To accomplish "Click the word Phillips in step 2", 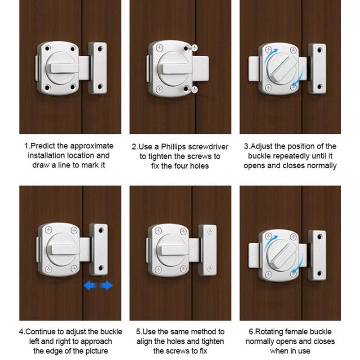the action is [x=174, y=147].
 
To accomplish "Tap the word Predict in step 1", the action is [x=43, y=146].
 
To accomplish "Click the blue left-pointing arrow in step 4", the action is [x=90, y=285].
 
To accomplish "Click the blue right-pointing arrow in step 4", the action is [x=106, y=285].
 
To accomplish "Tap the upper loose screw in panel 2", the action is [x=193, y=48].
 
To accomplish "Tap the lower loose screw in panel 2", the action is [x=193, y=89].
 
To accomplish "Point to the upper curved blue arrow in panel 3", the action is [x=269, y=56].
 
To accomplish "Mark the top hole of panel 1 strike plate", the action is [x=100, y=49].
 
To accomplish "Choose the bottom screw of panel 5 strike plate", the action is [x=210, y=268].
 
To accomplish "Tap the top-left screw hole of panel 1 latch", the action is [x=47, y=49].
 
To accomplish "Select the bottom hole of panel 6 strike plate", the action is [x=319, y=273].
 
